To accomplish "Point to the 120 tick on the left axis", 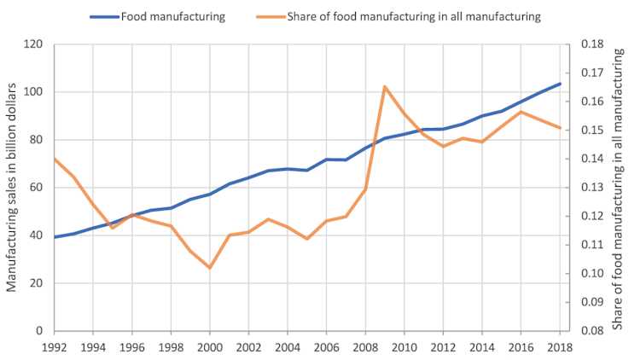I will [34, 44].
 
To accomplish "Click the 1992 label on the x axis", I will [54, 347].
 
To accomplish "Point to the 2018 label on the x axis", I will [560, 347].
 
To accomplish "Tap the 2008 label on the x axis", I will [365, 347].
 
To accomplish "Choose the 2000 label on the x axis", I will [210, 347].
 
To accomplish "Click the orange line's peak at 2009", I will [385, 86].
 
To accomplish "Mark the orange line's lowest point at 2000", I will [210, 268].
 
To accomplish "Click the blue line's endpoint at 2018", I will [560, 84].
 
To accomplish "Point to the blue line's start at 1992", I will [54, 237].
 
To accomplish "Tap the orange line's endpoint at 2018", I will [560, 128].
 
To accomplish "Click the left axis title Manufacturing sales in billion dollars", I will [13, 188].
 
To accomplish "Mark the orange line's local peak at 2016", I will [521, 112].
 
